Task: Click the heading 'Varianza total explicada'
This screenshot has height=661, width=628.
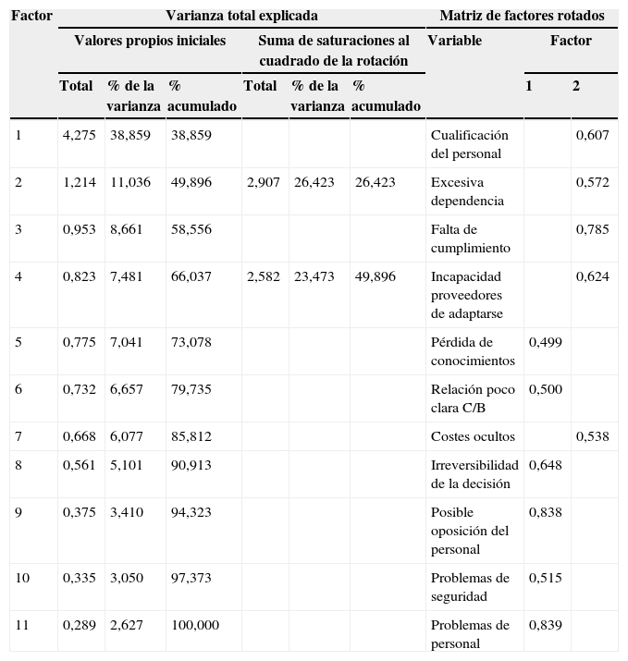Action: click(x=241, y=16)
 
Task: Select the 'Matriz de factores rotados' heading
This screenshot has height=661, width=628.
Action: click(x=522, y=16)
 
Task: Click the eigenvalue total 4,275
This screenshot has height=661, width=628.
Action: click(x=79, y=135)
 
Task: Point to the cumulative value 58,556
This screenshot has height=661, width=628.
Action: click(x=191, y=229)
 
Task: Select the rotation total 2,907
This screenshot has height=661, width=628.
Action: click(x=263, y=182)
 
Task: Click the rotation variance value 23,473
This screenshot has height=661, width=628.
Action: click(x=314, y=276)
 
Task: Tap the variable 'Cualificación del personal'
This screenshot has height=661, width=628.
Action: click(x=469, y=144)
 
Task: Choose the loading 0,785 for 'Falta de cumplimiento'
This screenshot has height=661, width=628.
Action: click(x=592, y=229)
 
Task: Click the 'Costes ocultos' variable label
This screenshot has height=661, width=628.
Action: click(x=469, y=436)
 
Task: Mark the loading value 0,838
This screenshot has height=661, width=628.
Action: click(x=545, y=512)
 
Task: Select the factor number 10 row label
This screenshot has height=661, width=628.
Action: click(x=22, y=578)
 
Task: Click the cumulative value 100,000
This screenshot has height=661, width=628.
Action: click(x=194, y=625)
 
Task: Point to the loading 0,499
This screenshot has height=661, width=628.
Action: click(x=545, y=342)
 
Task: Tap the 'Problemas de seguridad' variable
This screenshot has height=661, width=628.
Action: click(x=470, y=587)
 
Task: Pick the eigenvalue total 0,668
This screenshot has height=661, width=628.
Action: click(x=79, y=436)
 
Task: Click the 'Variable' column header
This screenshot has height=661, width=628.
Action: click(x=454, y=41)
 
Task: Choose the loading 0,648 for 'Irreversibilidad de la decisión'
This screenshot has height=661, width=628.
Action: click(x=545, y=465)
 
